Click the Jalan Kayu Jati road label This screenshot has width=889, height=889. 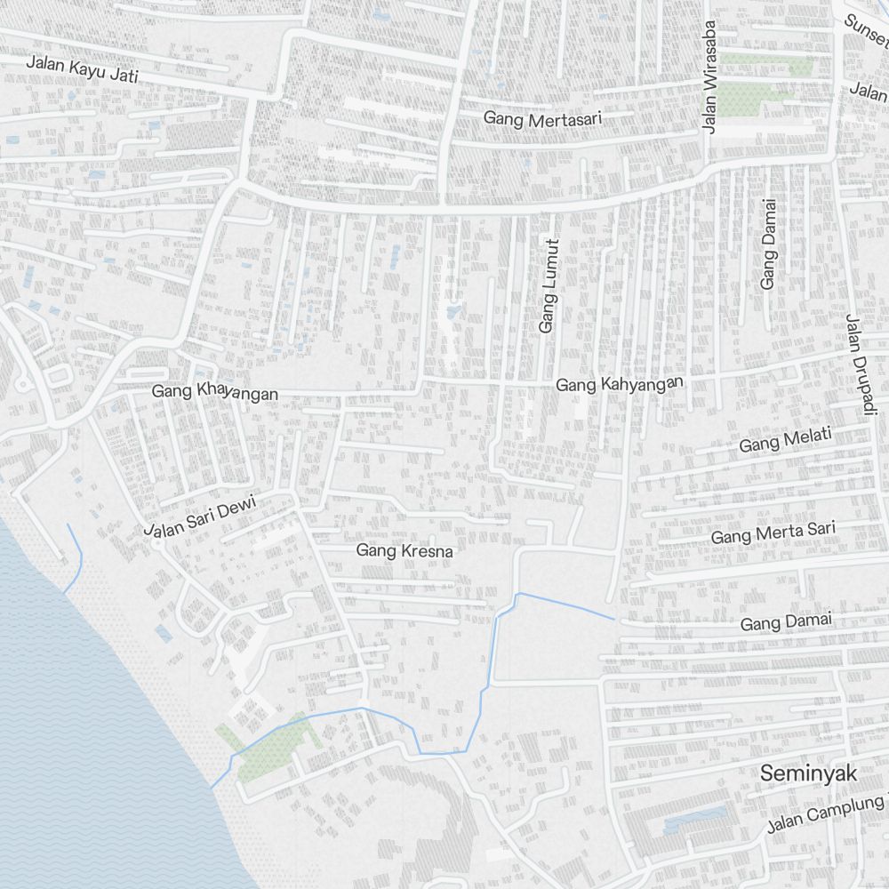82,68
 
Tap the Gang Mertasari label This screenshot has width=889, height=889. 543,116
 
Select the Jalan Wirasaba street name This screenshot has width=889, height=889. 709,77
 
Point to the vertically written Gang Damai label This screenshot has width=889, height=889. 769,243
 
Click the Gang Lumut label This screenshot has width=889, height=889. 549,286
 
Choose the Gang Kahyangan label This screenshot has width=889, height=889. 620,384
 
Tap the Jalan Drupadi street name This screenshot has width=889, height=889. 855,363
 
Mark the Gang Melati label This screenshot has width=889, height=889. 785,440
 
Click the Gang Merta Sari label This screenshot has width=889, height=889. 773,533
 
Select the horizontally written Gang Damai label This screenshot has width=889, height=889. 786,622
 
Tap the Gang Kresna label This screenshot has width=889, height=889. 404,551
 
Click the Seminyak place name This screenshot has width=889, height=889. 808,774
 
